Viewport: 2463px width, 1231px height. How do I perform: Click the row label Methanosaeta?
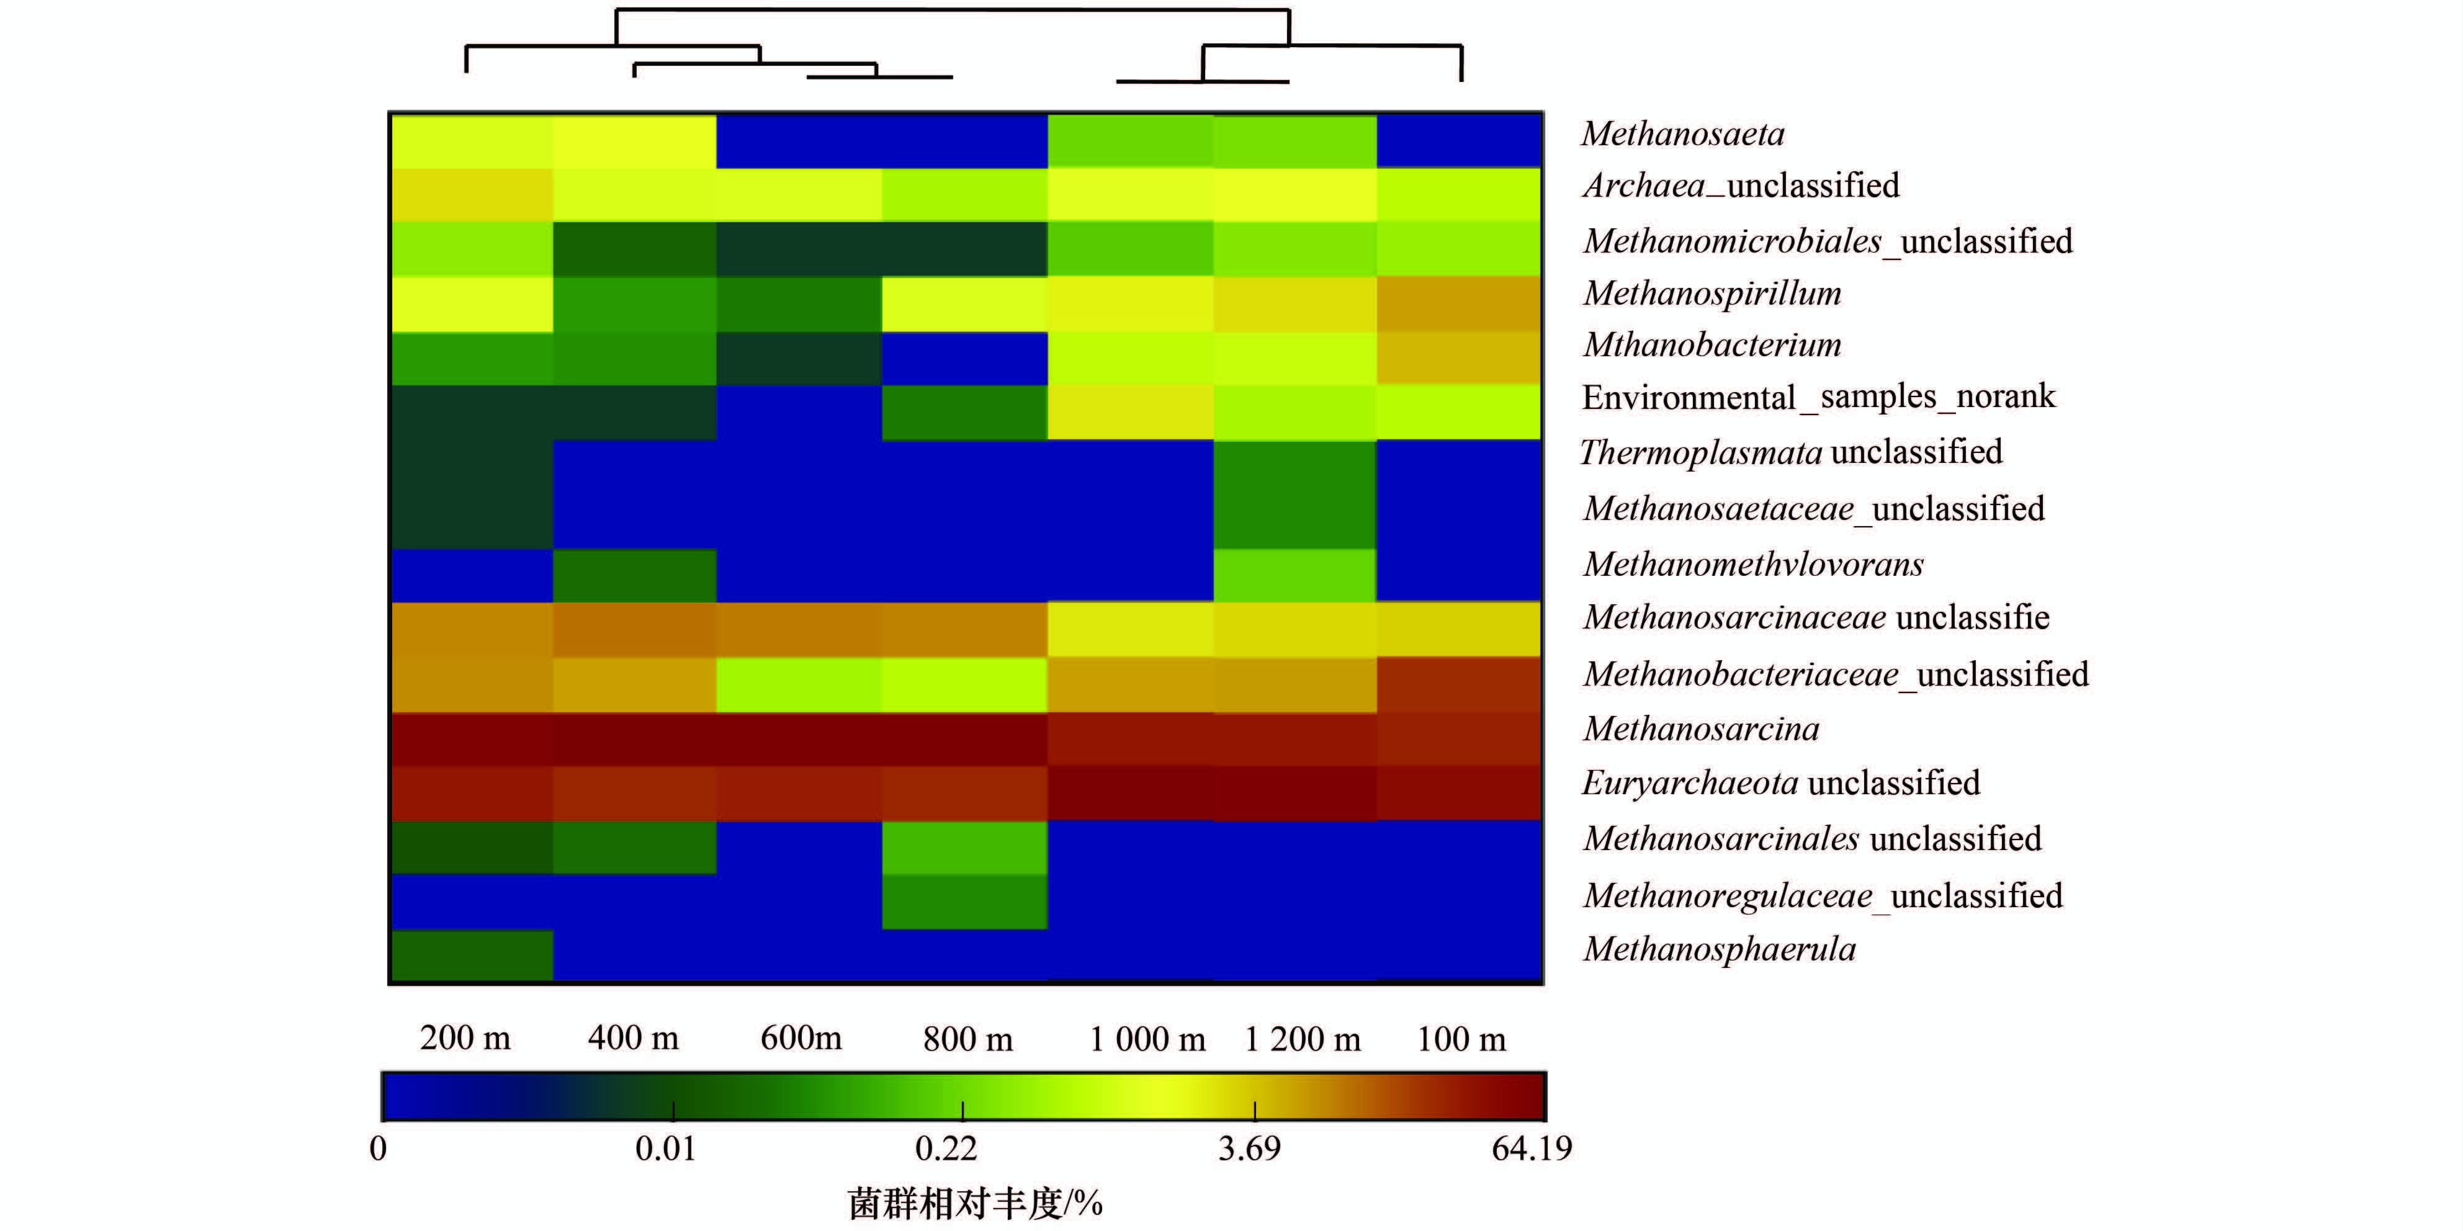[1683, 134]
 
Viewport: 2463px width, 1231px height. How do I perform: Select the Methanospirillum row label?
[1712, 293]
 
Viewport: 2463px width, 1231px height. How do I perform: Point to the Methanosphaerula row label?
[1719, 949]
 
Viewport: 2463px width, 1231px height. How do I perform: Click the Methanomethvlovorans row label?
[1752, 564]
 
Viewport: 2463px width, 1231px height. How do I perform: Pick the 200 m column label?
[465, 1038]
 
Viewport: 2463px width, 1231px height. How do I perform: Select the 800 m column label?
[967, 1039]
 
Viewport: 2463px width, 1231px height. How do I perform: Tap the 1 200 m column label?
[1303, 1039]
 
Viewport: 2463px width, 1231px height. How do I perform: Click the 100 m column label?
[1461, 1039]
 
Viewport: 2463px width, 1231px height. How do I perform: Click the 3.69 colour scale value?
[1249, 1148]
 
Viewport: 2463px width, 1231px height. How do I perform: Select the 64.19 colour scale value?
[1532, 1148]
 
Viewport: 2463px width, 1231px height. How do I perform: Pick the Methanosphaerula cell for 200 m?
[472, 955]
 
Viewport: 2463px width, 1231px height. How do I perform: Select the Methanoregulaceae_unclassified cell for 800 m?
[964, 902]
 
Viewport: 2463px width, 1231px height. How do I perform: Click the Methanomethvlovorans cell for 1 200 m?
[1294, 575]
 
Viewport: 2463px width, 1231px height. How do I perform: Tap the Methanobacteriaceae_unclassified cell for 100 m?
[1459, 684]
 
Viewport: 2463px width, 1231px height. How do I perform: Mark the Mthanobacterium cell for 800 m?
[964, 359]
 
